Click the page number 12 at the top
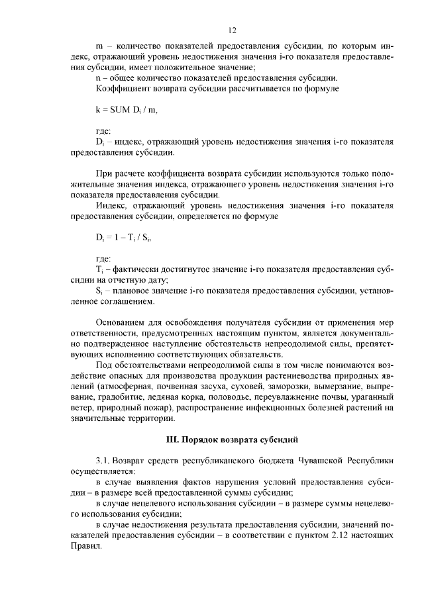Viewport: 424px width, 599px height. coord(232,30)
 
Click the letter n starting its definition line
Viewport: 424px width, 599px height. coord(98,77)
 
